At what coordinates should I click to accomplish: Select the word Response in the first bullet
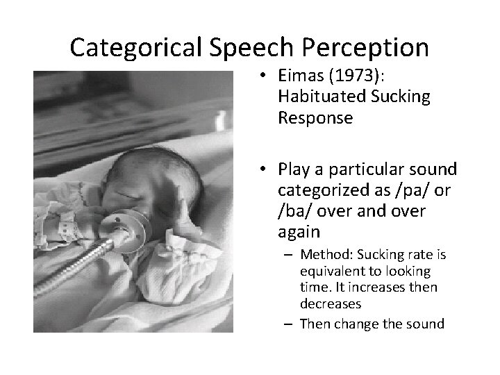(x=315, y=119)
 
